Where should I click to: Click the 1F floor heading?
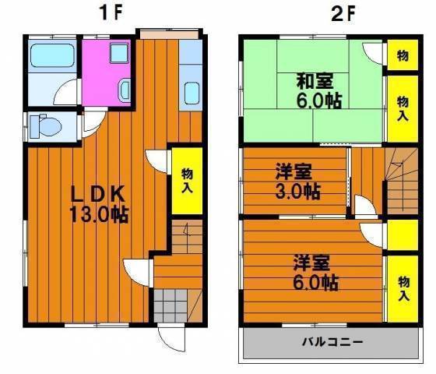click(111, 12)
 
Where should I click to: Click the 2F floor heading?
click(343, 12)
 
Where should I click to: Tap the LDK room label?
click(97, 194)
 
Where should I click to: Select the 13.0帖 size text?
click(99, 214)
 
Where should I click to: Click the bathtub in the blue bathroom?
click(52, 56)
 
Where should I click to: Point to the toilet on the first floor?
click(46, 126)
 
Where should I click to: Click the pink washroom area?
click(106, 73)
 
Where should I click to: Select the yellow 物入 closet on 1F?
click(187, 181)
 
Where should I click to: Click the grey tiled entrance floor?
click(171, 305)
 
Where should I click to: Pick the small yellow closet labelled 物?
click(403, 55)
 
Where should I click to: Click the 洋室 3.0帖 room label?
click(297, 182)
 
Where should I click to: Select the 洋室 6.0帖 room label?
click(315, 273)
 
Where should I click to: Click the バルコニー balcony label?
click(332, 341)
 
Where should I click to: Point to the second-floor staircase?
click(402, 181)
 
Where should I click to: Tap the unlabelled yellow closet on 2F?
click(403, 235)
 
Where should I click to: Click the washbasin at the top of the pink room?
click(120, 53)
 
